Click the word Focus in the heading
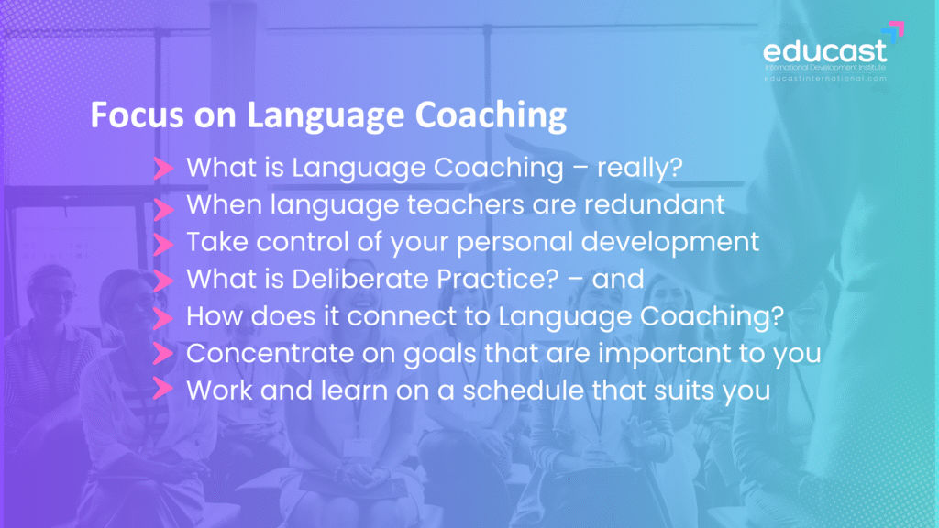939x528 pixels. click(x=138, y=115)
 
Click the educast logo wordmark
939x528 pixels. click(x=824, y=51)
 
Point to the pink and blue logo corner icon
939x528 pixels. click(x=893, y=32)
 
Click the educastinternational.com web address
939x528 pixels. click(x=825, y=79)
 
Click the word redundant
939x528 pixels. click(x=655, y=204)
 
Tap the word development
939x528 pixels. click(x=670, y=243)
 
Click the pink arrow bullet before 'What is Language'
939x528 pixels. click(x=163, y=169)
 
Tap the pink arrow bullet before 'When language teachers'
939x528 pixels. click(x=163, y=209)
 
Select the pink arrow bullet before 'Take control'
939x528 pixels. click(x=163, y=244)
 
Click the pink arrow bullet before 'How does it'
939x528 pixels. click(x=163, y=318)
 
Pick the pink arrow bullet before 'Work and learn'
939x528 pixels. click(x=163, y=388)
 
